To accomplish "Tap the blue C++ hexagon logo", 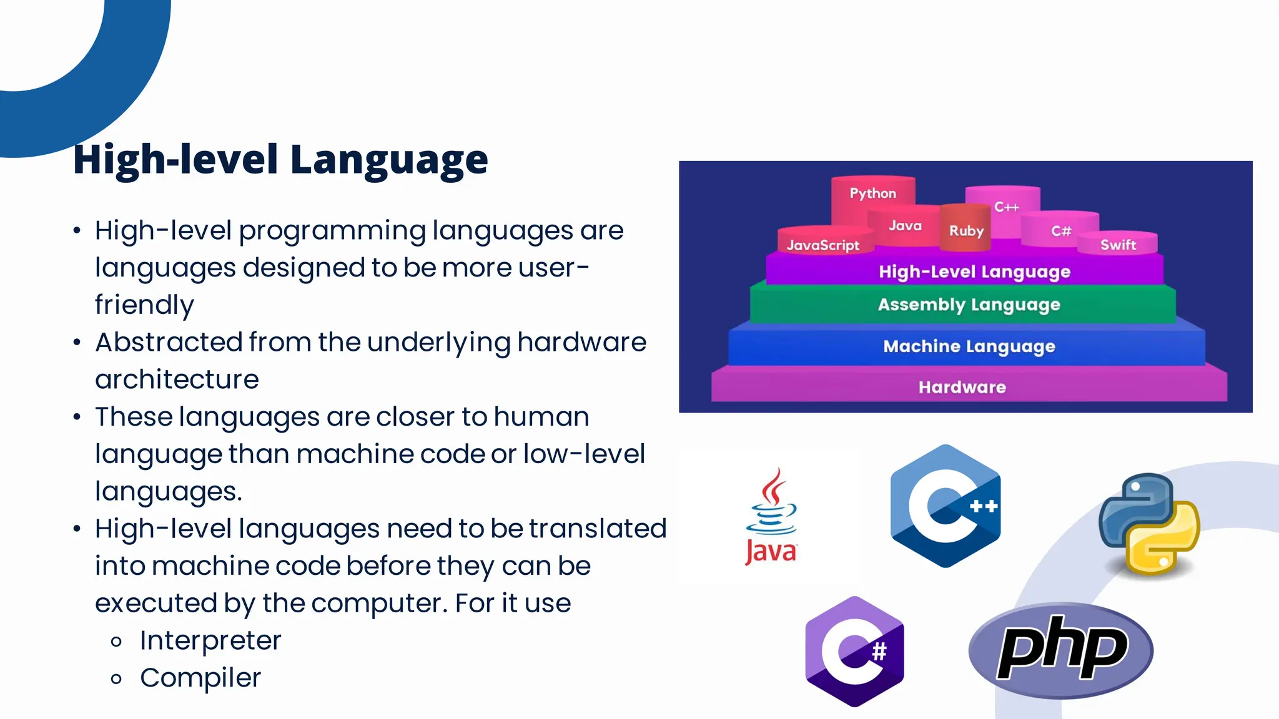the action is tap(946, 506).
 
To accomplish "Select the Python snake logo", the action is tap(1149, 524).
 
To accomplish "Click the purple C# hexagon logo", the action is tap(854, 651).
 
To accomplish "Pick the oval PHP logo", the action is tap(1061, 650).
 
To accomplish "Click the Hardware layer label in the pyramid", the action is tap(962, 388).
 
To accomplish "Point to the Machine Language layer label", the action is tap(969, 346).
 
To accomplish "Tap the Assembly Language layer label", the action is tap(969, 305).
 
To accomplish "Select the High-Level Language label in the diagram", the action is tap(974, 271).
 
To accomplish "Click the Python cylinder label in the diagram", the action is tap(872, 193).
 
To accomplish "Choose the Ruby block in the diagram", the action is tap(966, 230).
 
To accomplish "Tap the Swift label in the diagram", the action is tap(1118, 245).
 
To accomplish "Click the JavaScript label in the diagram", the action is tap(822, 245).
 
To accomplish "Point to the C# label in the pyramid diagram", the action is tap(1060, 231).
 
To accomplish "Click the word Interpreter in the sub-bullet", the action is tap(210, 640).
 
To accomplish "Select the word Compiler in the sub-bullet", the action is tap(200, 678).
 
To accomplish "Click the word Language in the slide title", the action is tap(388, 160).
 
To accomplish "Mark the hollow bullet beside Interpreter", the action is tap(116, 642).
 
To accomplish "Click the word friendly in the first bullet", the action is tap(144, 305).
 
